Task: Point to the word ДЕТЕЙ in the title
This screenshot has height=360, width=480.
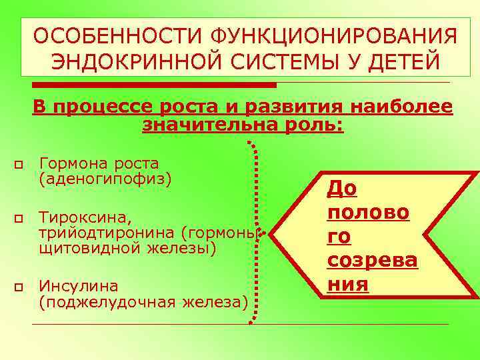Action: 404,63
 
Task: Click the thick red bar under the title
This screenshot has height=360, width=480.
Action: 153,85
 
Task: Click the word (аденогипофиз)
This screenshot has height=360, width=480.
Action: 105,179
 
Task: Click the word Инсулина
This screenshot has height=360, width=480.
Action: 79,286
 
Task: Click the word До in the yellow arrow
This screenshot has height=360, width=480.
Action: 341,189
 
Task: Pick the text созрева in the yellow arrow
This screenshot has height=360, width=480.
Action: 372,260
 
